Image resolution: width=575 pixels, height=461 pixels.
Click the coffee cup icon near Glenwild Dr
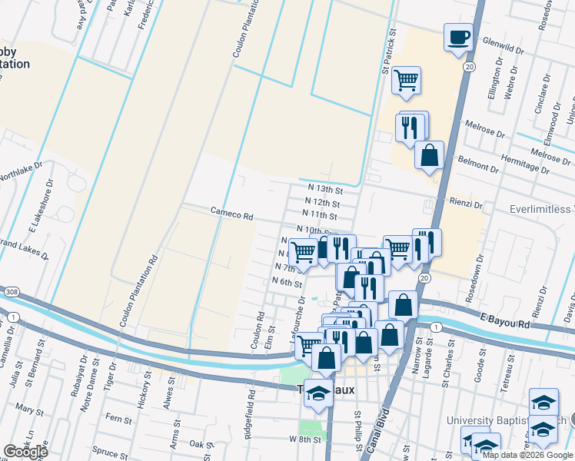point(459,37)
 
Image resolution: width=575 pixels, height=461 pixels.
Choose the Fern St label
point(119,419)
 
